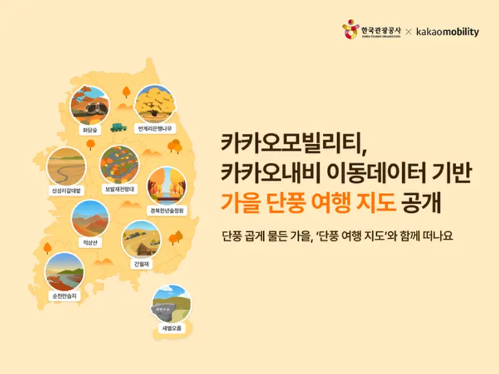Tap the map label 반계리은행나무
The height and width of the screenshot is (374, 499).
click(155, 129)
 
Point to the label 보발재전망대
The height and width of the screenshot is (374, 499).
click(119, 189)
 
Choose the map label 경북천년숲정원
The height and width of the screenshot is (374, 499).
click(166, 211)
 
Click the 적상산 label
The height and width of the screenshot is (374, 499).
click(90, 242)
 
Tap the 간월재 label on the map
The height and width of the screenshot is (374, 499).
click(141, 264)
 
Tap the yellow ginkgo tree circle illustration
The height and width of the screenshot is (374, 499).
click(155, 104)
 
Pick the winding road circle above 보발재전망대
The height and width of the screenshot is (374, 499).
click(119, 164)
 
